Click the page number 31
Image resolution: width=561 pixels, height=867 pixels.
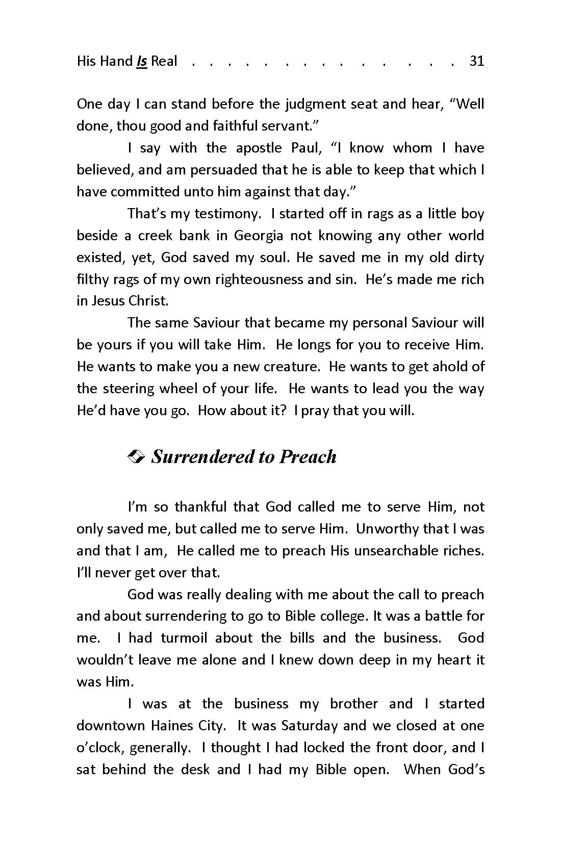pos(476,61)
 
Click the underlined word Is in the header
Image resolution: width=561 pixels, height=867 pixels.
pos(142,61)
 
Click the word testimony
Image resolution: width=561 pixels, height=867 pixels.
pos(227,214)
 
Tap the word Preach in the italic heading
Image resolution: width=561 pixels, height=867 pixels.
pos(308,457)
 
